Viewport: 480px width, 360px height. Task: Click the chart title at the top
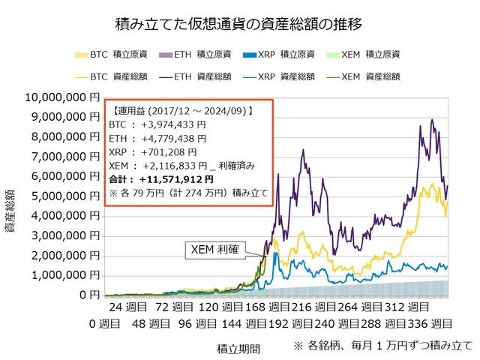coord(240,24)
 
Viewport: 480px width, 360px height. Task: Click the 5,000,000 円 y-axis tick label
coord(62,196)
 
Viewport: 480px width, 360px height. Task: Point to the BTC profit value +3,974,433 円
coord(173,124)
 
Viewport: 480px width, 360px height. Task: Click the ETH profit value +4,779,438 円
coord(173,138)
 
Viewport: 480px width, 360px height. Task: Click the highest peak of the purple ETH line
coord(432,120)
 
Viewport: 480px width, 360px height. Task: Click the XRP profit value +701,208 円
coord(169,151)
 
